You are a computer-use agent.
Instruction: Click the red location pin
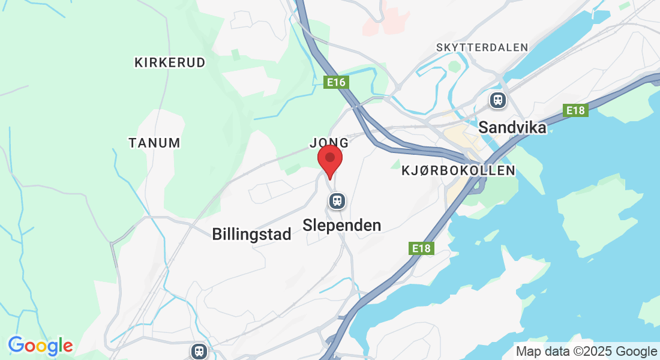(329, 160)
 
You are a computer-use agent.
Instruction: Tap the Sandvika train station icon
(497, 100)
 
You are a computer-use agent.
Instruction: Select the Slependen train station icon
(337, 200)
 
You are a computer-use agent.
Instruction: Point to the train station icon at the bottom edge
(199, 351)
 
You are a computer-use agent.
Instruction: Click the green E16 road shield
(337, 82)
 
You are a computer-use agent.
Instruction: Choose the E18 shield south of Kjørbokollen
(422, 248)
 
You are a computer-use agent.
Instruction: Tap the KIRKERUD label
(170, 62)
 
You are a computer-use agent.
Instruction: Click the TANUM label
(154, 143)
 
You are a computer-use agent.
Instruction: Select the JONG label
(329, 143)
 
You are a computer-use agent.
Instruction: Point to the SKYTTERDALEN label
(482, 47)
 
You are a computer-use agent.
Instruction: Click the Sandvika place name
(512, 128)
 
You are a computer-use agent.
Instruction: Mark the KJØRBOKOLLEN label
(458, 170)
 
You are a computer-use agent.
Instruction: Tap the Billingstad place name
(251, 234)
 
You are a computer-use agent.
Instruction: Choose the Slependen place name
(342, 225)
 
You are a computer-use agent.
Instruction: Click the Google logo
(40, 346)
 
